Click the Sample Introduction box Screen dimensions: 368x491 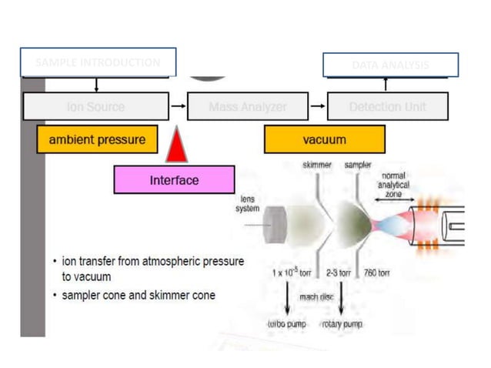click(x=98, y=62)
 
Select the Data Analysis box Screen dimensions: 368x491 click(x=390, y=65)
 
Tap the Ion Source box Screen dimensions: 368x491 click(x=95, y=107)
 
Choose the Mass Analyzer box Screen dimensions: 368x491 click(x=247, y=107)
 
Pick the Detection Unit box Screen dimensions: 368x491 click(x=387, y=107)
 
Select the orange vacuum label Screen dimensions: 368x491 click(x=324, y=140)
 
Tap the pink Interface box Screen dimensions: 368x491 click(x=174, y=180)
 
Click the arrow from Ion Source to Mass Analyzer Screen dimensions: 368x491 click(x=178, y=107)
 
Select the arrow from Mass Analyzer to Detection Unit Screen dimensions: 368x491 click(x=317, y=107)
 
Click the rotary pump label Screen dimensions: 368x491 click(x=342, y=324)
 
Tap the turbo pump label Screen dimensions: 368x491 click(x=286, y=324)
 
